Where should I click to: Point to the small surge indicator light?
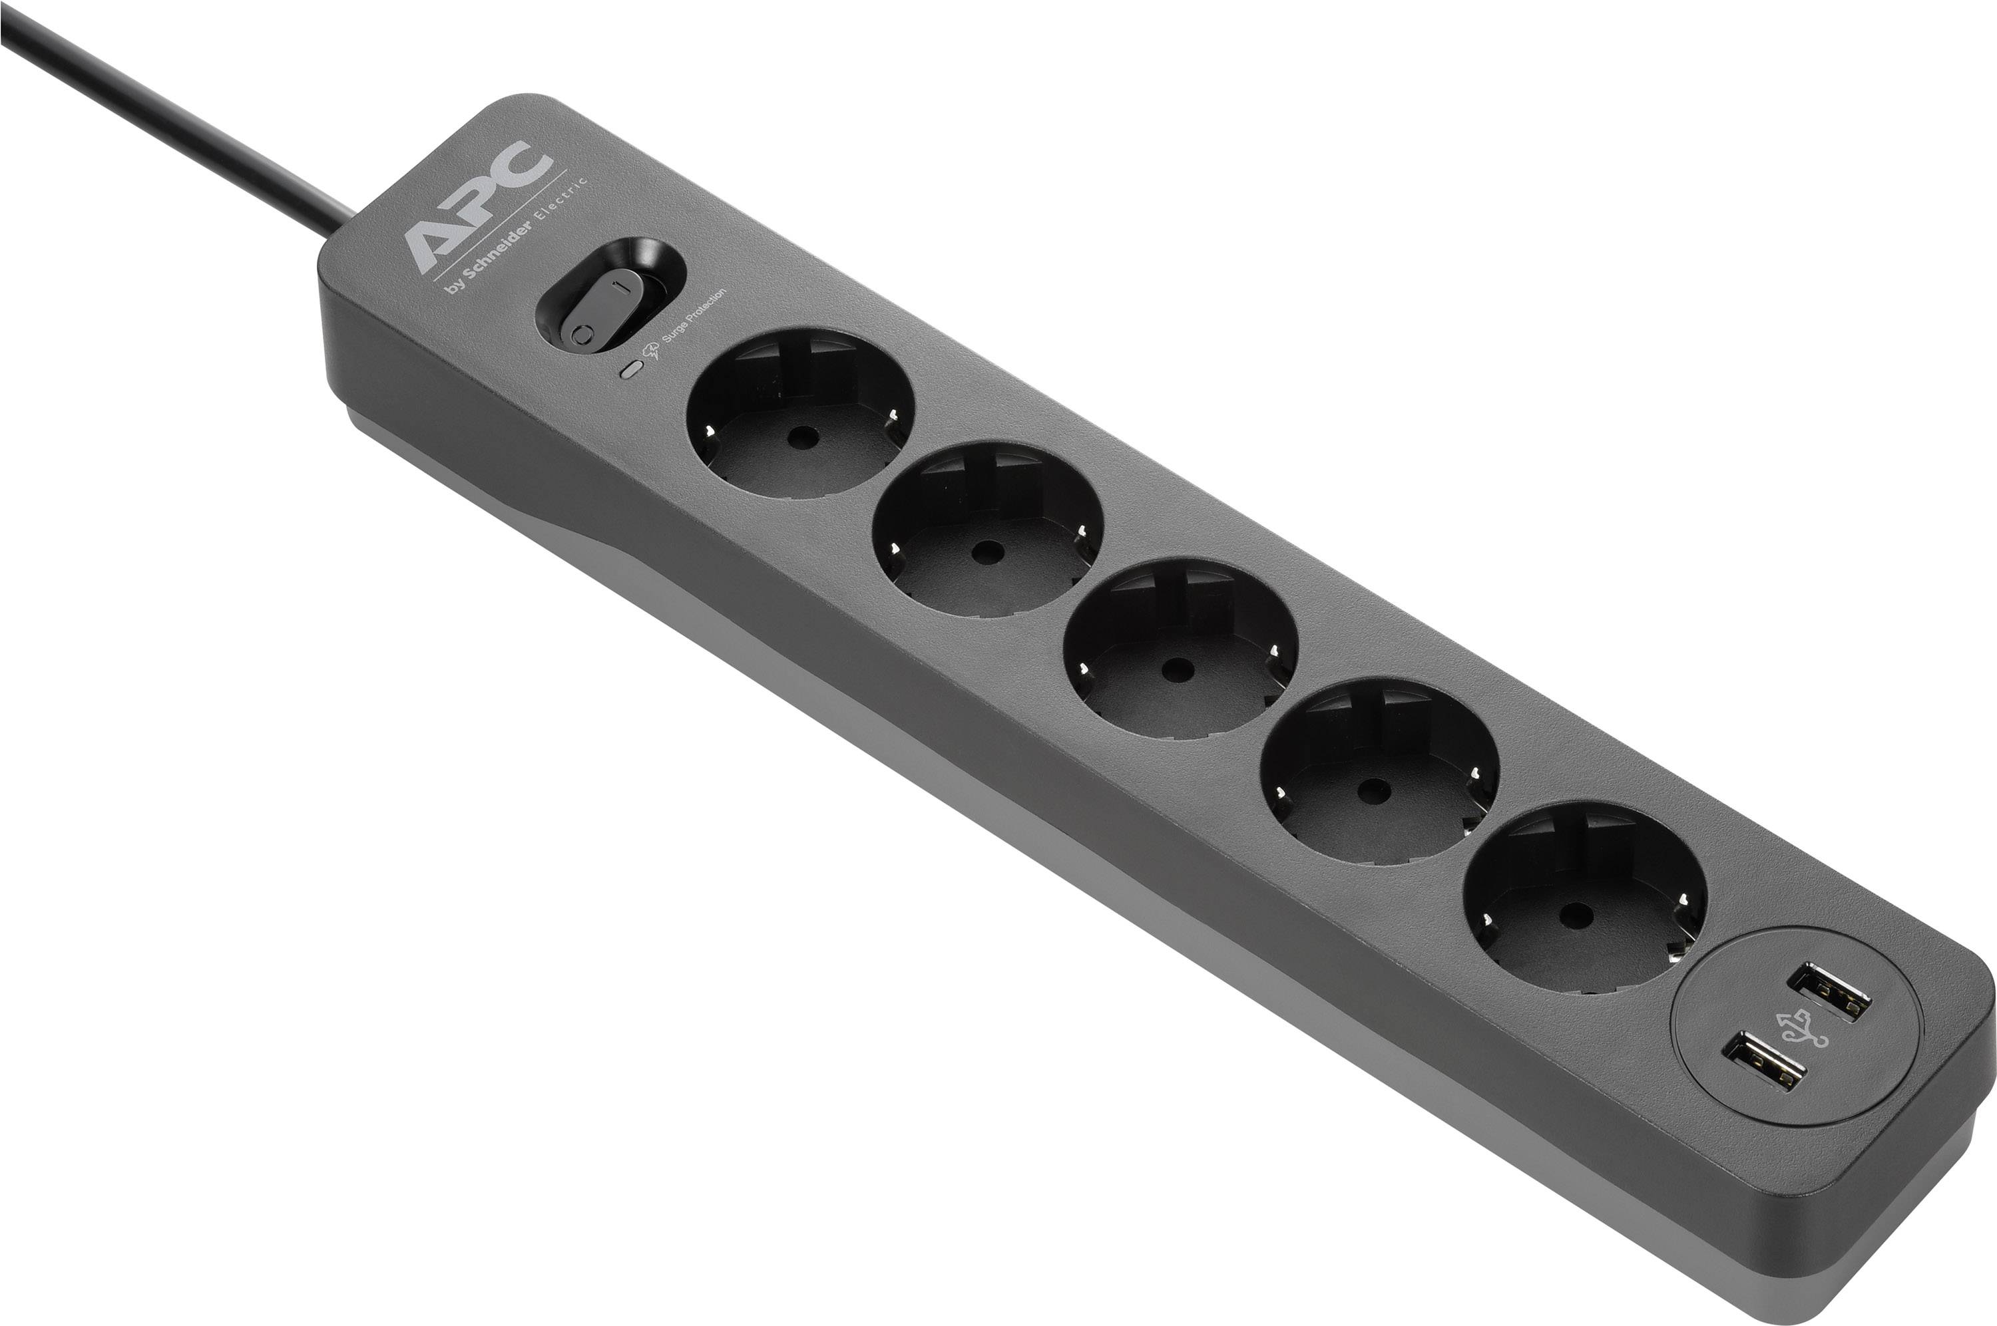(x=629, y=369)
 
